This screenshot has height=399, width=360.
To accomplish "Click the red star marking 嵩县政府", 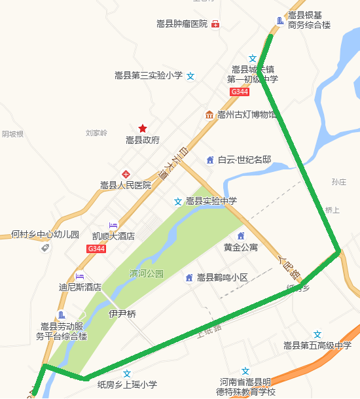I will [143, 128].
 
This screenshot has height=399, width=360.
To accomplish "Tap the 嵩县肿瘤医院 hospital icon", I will [215, 24].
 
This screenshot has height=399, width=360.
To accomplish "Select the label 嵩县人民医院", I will [126, 185].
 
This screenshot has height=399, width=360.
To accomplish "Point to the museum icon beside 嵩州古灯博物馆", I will [209, 115].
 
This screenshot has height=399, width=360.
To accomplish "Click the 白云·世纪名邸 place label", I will [244, 160].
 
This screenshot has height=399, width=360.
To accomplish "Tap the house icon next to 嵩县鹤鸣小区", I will [189, 277].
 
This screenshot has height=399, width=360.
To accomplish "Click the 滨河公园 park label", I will [146, 273].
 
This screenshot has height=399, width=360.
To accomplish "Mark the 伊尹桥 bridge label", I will [122, 314].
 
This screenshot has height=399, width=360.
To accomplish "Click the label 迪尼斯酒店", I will [80, 286].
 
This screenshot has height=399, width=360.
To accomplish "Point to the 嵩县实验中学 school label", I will [211, 201].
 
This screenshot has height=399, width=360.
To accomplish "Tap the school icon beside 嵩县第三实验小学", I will [190, 76].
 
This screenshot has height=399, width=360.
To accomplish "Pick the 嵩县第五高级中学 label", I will [317, 345].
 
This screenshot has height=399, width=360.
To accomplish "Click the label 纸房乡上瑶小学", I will [127, 385].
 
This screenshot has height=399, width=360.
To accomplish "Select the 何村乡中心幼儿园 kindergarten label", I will [45, 234].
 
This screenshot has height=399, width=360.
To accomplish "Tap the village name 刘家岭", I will [96, 133].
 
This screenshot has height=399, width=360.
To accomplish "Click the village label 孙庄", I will [338, 182].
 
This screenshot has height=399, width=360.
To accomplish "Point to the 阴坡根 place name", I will [12, 134].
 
